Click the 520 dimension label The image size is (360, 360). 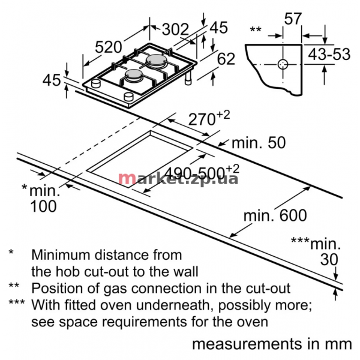(x=108, y=47)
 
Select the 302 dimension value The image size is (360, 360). (x=175, y=29)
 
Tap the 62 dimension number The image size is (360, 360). (x=226, y=59)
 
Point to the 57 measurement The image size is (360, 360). (x=293, y=19)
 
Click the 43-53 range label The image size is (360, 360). (x=329, y=55)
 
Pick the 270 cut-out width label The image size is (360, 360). (x=209, y=118)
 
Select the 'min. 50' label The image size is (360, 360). (x=259, y=143)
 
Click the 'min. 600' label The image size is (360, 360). (x=275, y=215)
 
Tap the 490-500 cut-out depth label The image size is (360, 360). (x=202, y=172)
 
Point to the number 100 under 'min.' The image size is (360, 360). (x=43, y=206)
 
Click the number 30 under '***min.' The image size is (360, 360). (x=329, y=259)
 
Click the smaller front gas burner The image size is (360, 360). (x=134, y=76)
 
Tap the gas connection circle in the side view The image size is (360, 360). (x=283, y=64)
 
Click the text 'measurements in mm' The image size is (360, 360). (x=272, y=344)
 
